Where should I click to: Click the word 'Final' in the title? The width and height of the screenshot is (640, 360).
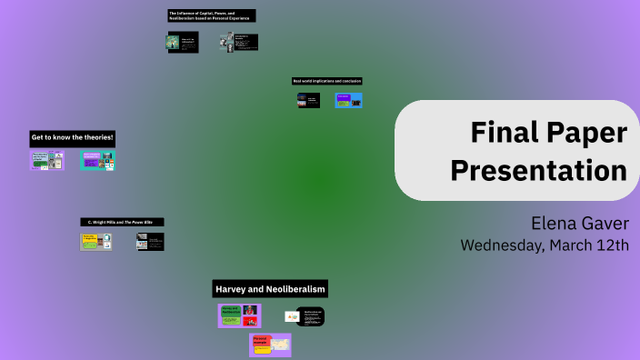[503, 134]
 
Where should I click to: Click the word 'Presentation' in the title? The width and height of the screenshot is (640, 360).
[539, 170]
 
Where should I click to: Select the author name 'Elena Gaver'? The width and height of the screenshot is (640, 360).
[580, 224]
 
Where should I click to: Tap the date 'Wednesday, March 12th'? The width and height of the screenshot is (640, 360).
[544, 245]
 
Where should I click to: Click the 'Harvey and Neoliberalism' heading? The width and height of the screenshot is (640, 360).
[270, 289]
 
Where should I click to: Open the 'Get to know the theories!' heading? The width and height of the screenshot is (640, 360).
[73, 137]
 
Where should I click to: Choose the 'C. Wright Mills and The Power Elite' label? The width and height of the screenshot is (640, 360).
[122, 222]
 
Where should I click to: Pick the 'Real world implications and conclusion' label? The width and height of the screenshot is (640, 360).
[327, 81]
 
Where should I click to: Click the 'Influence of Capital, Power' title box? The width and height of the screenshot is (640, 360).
[212, 15]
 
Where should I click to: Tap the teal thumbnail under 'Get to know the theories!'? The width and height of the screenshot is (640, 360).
[97, 161]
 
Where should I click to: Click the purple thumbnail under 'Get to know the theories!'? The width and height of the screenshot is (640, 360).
[46, 161]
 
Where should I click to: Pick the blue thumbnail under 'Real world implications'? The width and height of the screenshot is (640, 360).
[348, 101]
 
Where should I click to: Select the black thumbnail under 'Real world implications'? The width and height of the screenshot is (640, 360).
[308, 101]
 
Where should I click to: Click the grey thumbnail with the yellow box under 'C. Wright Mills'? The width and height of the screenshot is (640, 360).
[95, 242]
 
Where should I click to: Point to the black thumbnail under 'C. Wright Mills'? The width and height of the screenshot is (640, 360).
[150, 242]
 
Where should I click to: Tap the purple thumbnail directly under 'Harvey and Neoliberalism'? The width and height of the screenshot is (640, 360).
[239, 315]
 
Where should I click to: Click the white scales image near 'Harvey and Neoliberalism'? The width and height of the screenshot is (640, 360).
[292, 316]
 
